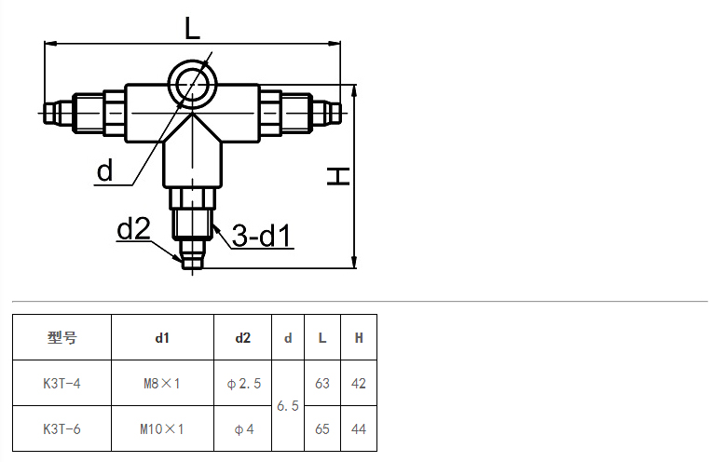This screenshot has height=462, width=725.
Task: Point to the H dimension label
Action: pos(338,176)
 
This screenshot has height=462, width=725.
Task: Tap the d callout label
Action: pos(104,170)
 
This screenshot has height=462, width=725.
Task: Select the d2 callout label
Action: pos(133,228)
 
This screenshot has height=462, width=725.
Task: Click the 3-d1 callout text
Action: pos(262,235)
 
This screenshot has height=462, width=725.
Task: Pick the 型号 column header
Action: pos(62,338)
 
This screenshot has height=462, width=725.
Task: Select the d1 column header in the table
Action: pos(162,338)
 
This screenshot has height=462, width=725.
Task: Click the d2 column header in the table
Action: pos(242,338)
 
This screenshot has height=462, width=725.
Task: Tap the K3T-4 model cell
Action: pos(62,384)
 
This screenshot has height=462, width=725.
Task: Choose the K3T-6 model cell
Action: pos(62,429)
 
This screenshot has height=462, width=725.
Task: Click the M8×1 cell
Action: pos(162,384)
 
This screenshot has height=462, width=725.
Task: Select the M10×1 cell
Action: pos(162,429)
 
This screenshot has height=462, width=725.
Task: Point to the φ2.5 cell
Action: pos(243,384)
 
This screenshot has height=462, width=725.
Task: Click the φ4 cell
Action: pos(243,429)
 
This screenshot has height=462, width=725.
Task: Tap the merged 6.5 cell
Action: pos(288,406)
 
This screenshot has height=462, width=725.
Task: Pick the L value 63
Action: pos(322,384)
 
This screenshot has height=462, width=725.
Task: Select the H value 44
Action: pos(359,429)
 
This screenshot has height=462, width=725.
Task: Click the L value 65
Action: pos(322,429)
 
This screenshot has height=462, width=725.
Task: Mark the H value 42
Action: pos(359,384)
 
